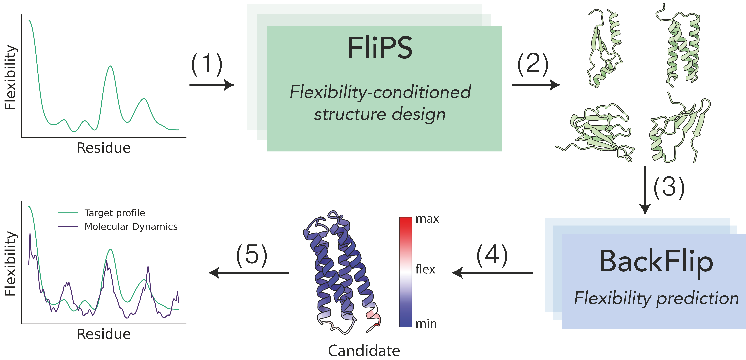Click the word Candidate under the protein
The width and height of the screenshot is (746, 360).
click(364, 351)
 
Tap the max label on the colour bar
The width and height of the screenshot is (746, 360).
click(427, 219)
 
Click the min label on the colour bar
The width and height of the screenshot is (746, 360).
click(426, 324)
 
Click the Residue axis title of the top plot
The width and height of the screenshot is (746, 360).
click(104, 148)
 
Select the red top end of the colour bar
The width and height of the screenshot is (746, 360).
click(405, 222)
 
